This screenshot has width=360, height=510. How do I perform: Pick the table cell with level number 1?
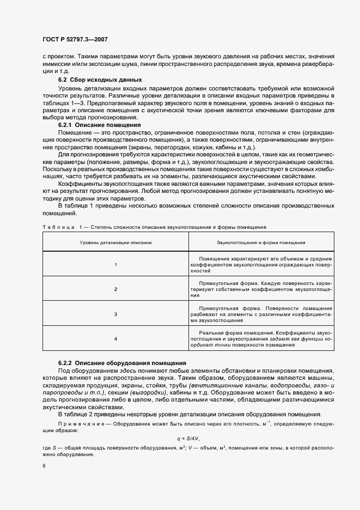point(115,264)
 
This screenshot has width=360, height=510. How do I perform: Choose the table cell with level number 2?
point(115,289)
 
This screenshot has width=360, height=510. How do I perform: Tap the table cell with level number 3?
point(115,314)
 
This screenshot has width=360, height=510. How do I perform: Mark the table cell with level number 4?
point(115,339)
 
